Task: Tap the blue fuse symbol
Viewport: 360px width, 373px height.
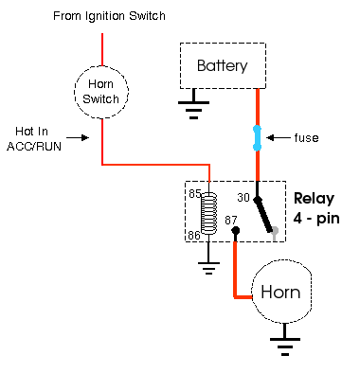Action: (x=258, y=138)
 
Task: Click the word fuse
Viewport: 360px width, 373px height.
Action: (x=306, y=138)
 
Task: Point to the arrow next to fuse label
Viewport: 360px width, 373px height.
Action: (x=279, y=138)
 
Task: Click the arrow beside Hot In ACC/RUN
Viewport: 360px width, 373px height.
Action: (x=78, y=137)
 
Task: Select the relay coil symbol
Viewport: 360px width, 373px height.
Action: (x=209, y=213)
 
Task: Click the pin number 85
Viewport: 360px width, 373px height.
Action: (x=195, y=193)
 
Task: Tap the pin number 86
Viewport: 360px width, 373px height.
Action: (x=194, y=235)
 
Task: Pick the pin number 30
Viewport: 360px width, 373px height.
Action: (x=243, y=198)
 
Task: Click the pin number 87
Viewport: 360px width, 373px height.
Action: (x=231, y=220)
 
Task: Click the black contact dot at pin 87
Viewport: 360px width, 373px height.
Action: (x=235, y=231)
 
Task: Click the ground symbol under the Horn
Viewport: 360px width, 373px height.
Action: (x=285, y=344)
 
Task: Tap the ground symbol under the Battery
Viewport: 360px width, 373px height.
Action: (x=193, y=104)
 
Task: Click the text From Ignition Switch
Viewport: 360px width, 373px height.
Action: (x=109, y=16)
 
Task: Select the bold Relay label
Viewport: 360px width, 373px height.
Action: (x=314, y=199)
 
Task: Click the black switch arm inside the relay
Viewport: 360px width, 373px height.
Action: (x=264, y=215)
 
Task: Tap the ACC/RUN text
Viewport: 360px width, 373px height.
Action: (x=34, y=147)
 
